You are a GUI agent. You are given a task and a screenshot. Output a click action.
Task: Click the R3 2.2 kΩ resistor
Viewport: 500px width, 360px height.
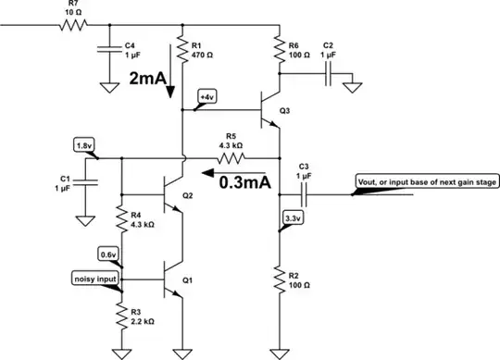(x=120, y=315)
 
